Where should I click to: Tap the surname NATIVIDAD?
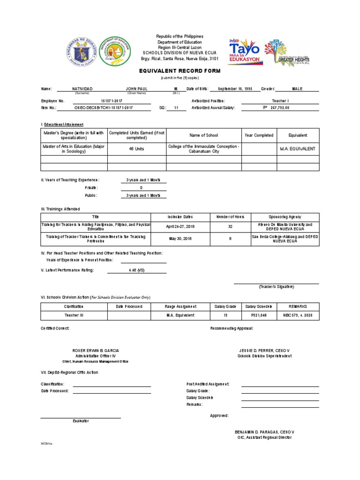click(82, 89)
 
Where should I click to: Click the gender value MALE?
click(297, 89)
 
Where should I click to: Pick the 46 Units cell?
click(137, 149)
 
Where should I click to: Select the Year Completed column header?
click(259, 135)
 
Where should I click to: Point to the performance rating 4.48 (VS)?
click(137, 270)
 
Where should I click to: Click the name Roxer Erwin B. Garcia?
click(96, 351)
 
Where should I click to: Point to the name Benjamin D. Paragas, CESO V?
click(264, 432)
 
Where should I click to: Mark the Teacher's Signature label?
click(277, 286)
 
